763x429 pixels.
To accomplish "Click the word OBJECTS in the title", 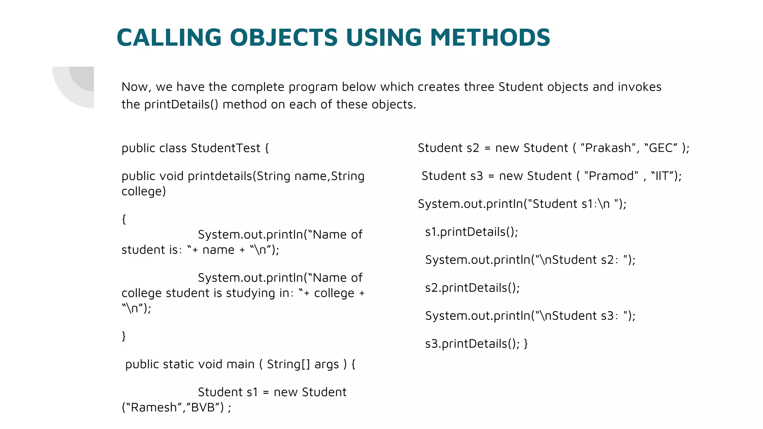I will [x=284, y=38].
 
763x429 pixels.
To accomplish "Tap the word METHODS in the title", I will [x=490, y=38].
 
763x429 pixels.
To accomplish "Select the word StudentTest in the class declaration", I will [x=225, y=148].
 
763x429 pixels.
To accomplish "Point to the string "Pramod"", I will [x=611, y=176].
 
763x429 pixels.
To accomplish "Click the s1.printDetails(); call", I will [x=471, y=232].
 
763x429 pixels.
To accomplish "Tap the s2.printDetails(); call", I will [x=472, y=288].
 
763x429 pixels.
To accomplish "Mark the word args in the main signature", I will [x=326, y=365].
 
